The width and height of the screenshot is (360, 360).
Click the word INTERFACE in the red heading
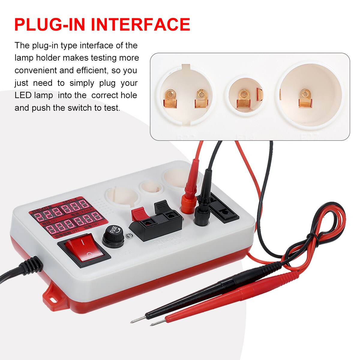[x=140, y=24]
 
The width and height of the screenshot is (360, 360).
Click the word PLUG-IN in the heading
[x=51, y=24]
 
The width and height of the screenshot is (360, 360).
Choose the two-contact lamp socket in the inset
[x=186, y=96]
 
